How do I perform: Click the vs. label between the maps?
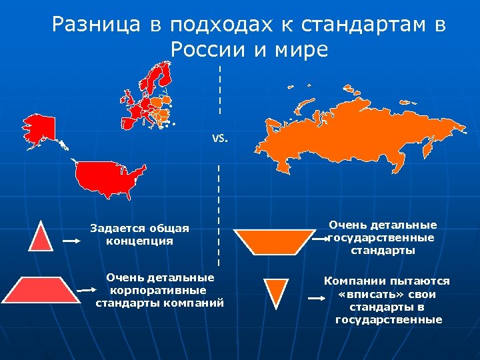(x=219, y=139)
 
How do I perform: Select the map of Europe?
(x=150, y=97)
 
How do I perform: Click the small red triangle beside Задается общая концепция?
(x=40, y=236)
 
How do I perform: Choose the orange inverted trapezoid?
(x=274, y=242)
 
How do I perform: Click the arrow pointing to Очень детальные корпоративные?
(x=87, y=290)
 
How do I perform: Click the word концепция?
(x=139, y=241)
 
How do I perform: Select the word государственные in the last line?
(x=388, y=319)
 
